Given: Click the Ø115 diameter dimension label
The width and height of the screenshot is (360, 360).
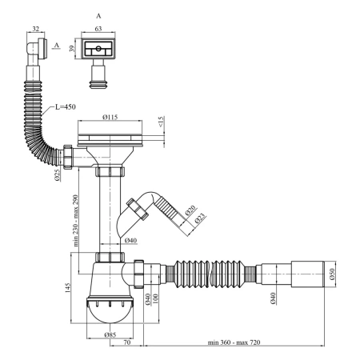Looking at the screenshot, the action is [110, 117].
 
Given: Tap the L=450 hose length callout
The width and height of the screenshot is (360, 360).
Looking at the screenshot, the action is [66, 107].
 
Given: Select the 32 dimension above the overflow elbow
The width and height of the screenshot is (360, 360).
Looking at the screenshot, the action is [36, 29].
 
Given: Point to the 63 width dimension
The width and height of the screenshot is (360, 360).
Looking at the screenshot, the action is [98, 29].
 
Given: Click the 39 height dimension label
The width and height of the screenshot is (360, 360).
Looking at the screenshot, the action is [71, 49].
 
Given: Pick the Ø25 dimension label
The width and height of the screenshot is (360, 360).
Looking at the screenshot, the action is [58, 175].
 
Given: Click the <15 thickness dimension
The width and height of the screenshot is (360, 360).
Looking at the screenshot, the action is [162, 122].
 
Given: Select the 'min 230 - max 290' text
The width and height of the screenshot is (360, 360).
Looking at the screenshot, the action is [76, 221].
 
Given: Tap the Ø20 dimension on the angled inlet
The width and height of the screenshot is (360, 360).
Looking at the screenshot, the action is [190, 210].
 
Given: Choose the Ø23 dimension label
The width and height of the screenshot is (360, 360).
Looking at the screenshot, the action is [200, 218].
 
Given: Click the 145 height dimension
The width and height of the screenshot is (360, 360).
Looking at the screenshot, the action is [67, 288].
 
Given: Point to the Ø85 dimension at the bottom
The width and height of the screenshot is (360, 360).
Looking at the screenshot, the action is [110, 334].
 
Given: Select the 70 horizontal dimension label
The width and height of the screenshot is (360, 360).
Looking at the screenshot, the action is [127, 342].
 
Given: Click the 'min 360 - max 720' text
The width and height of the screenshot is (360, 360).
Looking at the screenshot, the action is [234, 342].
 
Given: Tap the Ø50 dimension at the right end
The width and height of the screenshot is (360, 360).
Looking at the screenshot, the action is [332, 274].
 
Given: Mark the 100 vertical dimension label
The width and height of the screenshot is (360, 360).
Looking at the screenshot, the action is [156, 298].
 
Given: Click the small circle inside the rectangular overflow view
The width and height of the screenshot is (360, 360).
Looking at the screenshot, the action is [98, 49].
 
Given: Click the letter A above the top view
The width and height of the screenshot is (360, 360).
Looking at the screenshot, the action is [98, 16].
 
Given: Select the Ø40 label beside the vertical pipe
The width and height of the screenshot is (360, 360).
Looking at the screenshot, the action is [130, 241].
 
